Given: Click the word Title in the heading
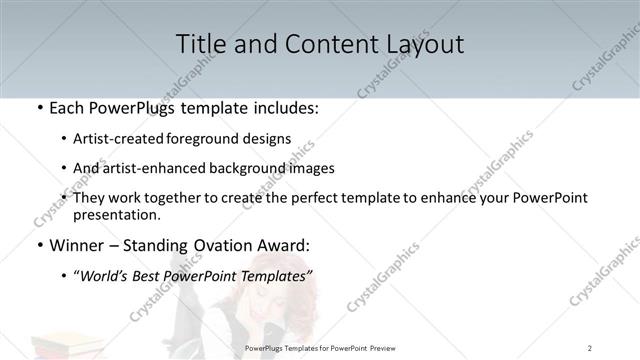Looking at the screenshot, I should coord(201,44).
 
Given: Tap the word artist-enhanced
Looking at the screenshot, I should coord(160,168).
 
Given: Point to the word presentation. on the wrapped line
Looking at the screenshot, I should coord(117,214).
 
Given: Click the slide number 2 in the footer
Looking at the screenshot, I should coord(590,348).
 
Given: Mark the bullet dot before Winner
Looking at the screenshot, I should coord(39,246).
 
